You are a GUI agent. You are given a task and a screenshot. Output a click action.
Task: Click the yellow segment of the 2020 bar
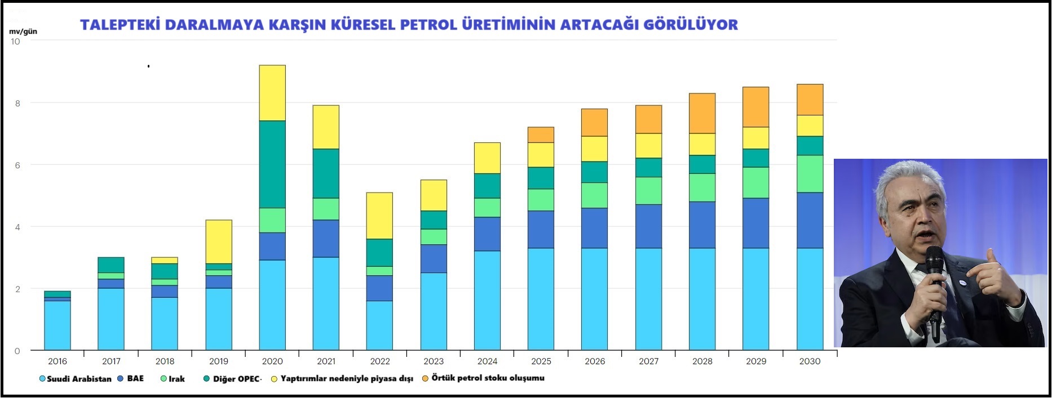(272, 93)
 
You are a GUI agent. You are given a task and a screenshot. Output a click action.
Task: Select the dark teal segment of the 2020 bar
(272, 164)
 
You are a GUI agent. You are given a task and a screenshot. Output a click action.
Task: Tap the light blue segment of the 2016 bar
(58, 325)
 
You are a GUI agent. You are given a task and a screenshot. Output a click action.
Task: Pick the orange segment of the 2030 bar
(810, 100)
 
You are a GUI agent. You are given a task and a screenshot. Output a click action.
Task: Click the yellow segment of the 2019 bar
(219, 242)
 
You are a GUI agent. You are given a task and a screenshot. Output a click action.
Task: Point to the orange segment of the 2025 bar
(541, 135)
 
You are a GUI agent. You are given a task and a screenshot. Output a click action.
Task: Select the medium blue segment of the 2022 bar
(379, 288)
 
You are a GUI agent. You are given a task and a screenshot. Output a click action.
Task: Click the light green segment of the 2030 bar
(810, 174)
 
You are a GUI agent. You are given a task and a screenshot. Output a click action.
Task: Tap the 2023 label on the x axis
(434, 361)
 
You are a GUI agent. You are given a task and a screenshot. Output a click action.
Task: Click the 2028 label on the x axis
(702, 361)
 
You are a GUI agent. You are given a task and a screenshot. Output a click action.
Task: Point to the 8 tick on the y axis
(17, 103)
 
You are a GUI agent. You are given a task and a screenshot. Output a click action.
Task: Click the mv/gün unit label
(23, 32)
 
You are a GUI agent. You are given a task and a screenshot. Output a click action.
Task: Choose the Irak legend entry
(176, 379)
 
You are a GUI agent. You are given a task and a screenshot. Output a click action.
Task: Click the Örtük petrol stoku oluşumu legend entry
(487, 378)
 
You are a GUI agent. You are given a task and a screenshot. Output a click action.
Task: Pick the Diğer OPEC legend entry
(236, 379)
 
